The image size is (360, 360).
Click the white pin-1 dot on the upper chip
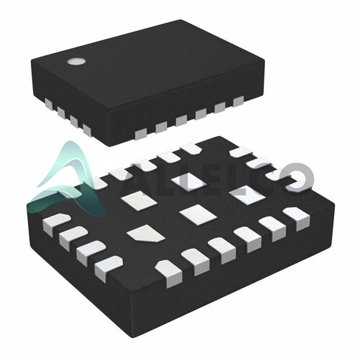(76, 61)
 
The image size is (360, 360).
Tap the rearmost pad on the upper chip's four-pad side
(49, 104)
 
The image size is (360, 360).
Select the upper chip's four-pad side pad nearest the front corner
(87, 130)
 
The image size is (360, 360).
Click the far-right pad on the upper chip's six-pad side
(238, 101)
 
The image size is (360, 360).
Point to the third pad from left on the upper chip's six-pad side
(181, 121)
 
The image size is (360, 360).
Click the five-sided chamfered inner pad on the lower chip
(146, 233)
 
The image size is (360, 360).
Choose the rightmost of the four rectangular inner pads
(248, 194)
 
